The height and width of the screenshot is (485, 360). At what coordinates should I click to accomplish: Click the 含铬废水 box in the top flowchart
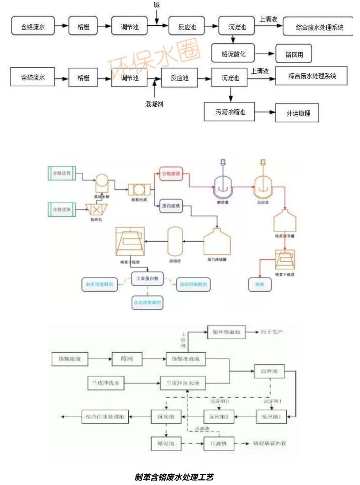pyautogui.click(x=33, y=27)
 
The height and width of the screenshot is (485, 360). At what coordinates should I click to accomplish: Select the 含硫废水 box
pyautogui.click(x=33, y=78)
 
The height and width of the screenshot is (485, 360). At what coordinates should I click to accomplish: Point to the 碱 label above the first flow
pyautogui.click(x=156, y=5)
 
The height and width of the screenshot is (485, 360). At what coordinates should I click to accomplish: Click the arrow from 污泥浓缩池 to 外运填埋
pyautogui.click(x=266, y=112)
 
